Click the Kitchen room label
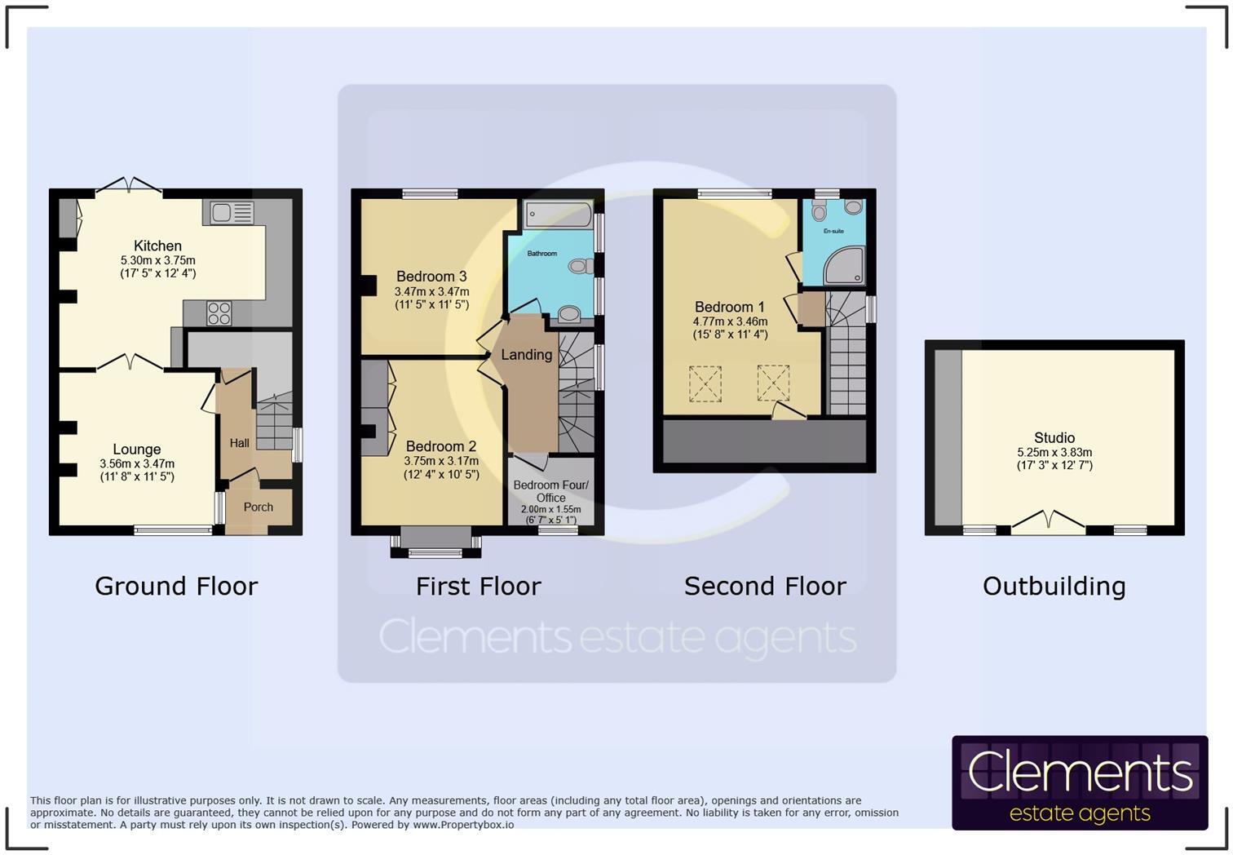click(x=157, y=246)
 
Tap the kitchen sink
click(x=232, y=213)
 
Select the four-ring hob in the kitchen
click(x=219, y=313)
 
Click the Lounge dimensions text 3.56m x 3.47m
click(x=137, y=463)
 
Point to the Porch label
click(x=258, y=507)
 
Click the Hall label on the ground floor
click(x=239, y=443)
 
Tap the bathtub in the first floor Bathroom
click(x=559, y=215)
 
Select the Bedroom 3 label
click(x=431, y=277)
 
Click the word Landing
click(x=526, y=355)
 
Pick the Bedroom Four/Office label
click(x=550, y=491)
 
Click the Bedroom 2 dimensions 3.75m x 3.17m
click(x=441, y=461)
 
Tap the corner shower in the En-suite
click(x=844, y=266)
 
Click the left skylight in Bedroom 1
click(x=705, y=383)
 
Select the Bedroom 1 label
click(x=729, y=308)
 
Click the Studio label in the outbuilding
click(x=1054, y=438)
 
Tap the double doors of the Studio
click(x=1049, y=522)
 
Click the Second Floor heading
click(x=765, y=586)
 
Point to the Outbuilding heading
click(x=1054, y=586)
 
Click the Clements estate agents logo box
click(x=1079, y=783)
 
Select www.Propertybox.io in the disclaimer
click(x=463, y=825)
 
